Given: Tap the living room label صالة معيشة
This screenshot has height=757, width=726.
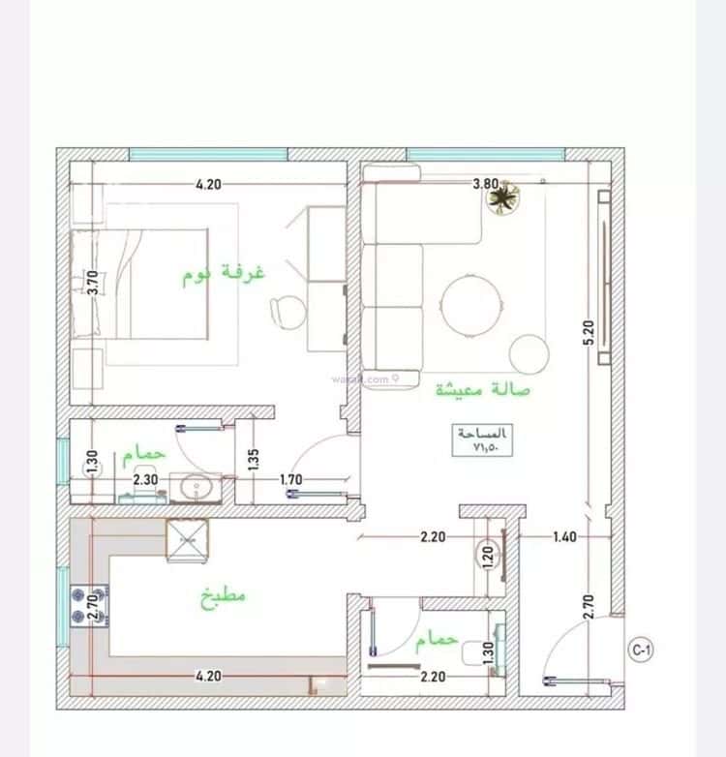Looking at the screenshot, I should tap(483, 389).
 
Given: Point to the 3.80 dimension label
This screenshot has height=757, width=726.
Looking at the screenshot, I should tap(485, 184).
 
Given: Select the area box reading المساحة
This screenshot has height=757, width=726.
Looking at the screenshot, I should tap(481, 439).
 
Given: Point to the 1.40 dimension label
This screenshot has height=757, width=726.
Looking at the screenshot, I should tap(565, 536).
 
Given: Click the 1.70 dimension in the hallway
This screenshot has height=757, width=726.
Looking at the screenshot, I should tap(290, 478).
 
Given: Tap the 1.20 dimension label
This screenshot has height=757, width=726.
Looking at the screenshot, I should tap(488, 556).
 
